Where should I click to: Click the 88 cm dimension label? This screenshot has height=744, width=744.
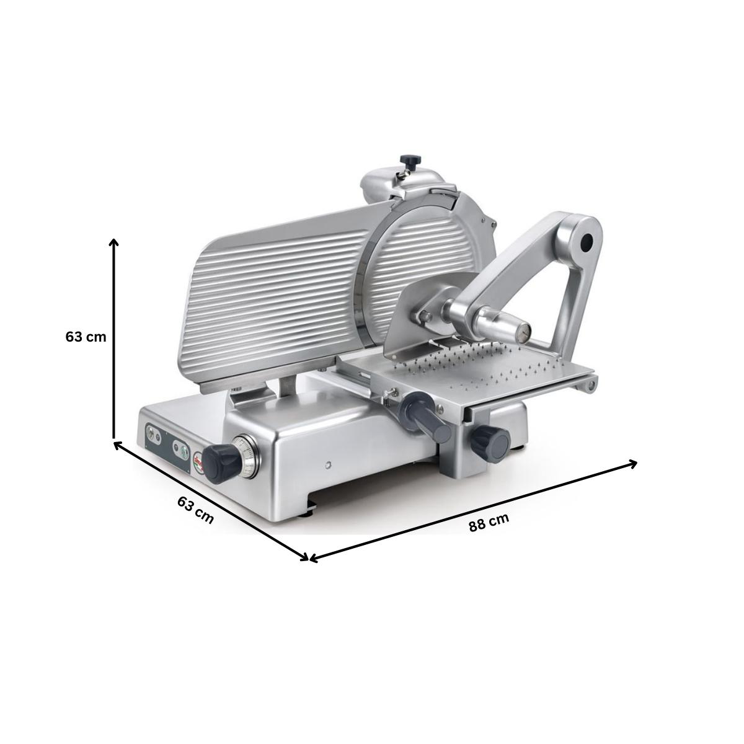(x=489, y=523)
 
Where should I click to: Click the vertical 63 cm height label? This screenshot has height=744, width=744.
(x=86, y=337)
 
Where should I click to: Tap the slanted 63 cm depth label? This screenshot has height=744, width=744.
(x=195, y=510)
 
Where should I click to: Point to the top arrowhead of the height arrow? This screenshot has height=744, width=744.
(x=113, y=241)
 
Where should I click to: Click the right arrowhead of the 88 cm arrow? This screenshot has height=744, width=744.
(x=633, y=462)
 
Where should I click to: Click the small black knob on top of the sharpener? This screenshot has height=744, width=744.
(x=409, y=161)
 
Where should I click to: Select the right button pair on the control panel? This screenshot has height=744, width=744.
(x=179, y=448)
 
